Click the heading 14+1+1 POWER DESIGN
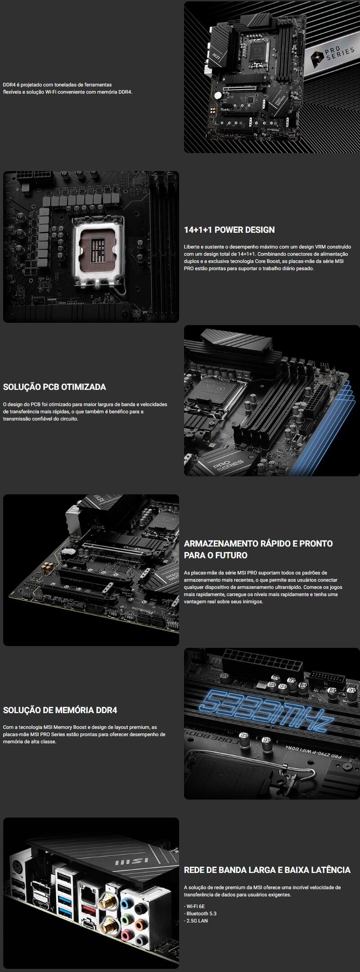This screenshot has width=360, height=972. point(229,230)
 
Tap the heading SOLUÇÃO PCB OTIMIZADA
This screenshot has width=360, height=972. point(54,387)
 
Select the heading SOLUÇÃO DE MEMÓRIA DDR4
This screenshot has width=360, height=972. point(60,710)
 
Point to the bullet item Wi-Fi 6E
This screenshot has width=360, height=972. point(194,906)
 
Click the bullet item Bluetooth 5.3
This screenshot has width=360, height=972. point(200,913)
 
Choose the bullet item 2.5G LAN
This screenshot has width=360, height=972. point(196,921)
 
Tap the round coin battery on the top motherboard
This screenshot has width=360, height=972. point(218,95)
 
